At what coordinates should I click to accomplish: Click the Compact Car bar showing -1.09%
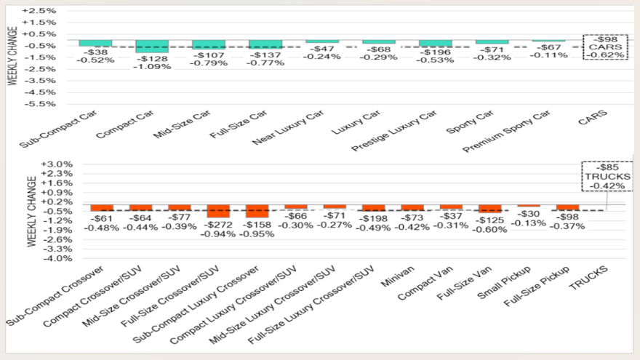pyautogui.click(x=151, y=47)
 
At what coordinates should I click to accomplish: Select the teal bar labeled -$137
pyautogui.click(x=265, y=45)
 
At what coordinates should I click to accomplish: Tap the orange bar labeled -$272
pyautogui.click(x=218, y=212)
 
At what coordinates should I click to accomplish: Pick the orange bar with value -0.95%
pyautogui.click(x=257, y=212)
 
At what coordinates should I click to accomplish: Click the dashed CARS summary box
pyautogui.click(x=606, y=46)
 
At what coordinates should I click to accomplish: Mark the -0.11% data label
pyautogui.click(x=550, y=57)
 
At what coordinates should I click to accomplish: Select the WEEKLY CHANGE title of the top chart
pyautogui.click(x=12, y=57)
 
